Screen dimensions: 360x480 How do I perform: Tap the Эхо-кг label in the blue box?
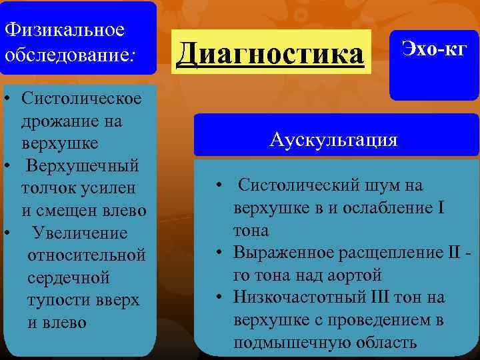[x=433, y=47]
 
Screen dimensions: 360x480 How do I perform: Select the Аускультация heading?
[x=334, y=139]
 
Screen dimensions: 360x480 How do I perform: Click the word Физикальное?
[x=64, y=30]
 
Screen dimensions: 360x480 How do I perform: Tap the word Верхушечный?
[x=83, y=166]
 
